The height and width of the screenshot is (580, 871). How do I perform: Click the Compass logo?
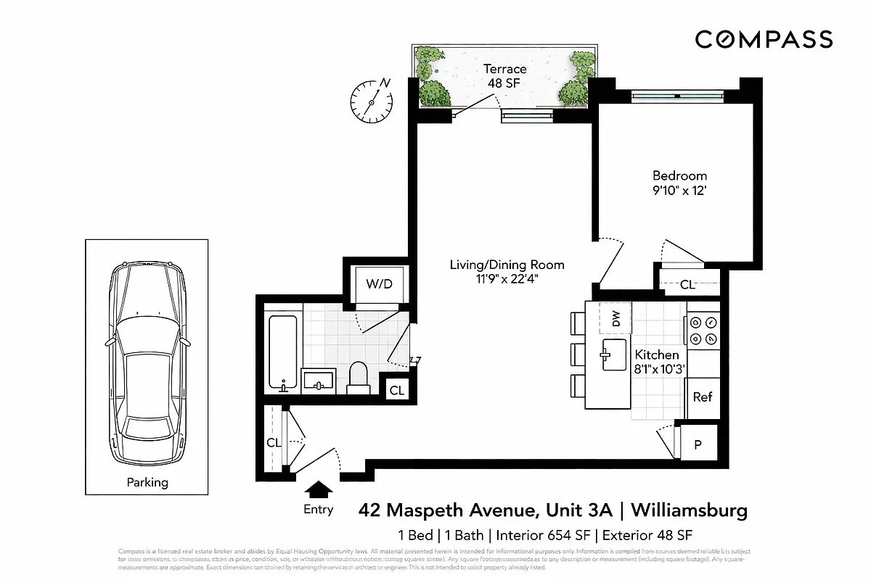pyautogui.click(x=764, y=39)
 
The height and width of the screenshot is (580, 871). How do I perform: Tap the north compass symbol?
pyautogui.click(x=371, y=100)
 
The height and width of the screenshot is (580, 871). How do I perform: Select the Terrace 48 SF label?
pyautogui.click(x=504, y=76)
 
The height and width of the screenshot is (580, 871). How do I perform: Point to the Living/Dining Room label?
pyautogui.click(x=507, y=265)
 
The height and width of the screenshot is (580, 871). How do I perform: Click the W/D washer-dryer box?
pyautogui.click(x=379, y=283)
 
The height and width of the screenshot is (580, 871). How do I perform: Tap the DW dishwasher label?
pyautogui.click(x=615, y=318)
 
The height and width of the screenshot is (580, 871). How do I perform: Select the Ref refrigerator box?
pyautogui.click(x=702, y=397)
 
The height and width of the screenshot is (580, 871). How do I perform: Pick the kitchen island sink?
pyautogui.click(x=614, y=355)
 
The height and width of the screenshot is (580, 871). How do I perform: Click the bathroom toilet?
pyautogui.click(x=359, y=378)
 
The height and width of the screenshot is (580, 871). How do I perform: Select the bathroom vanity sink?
pyautogui.click(x=317, y=380)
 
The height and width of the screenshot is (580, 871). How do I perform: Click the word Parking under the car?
pyautogui.click(x=147, y=482)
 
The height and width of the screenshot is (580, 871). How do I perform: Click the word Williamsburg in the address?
pyautogui.click(x=689, y=510)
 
